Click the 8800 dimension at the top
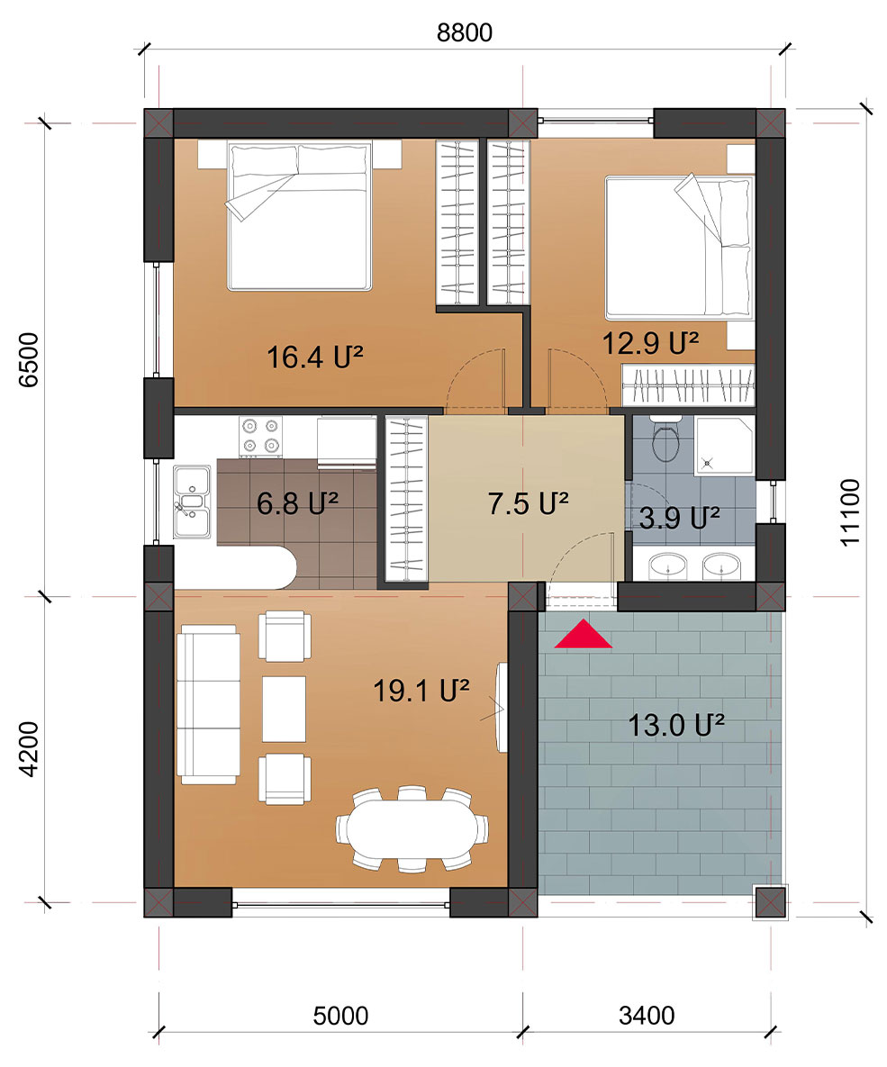click(465, 32)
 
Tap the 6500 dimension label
click(29, 360)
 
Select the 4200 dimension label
click(29, 749)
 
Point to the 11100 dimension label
click(850, 512)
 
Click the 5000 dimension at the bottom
click(340, 1016)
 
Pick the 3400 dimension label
click(647, 1016)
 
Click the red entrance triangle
click(583, 634)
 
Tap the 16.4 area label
click(314, 357)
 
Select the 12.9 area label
click(650, 343)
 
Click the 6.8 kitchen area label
click(297, 503)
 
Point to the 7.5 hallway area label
click(529, 503)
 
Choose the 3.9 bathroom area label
click(679, 519)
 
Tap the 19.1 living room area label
click(421, 692)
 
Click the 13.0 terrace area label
click(676, 726)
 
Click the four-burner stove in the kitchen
click(261, 436)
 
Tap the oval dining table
click(412, 828)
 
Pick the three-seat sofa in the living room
click(208, 704)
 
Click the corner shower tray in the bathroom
click(724, 446)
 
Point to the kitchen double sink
click(191, 502)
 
